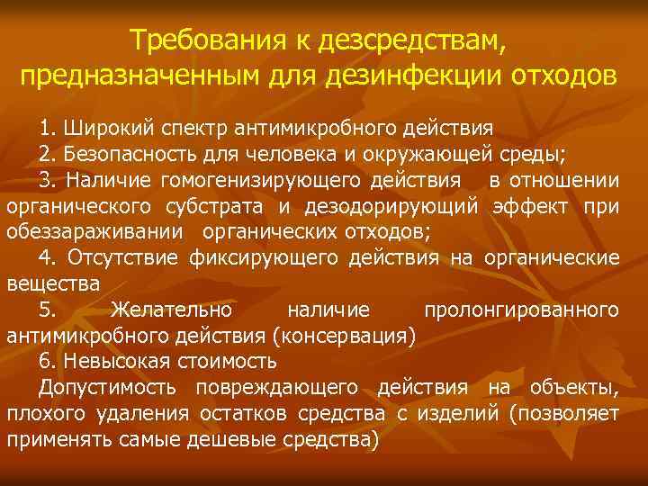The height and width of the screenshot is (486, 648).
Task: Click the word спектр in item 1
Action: (177, 125)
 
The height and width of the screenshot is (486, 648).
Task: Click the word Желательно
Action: (171, 310)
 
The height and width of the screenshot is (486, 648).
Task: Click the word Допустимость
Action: (107, 388)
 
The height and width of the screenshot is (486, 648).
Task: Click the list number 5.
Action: (46, 310)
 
